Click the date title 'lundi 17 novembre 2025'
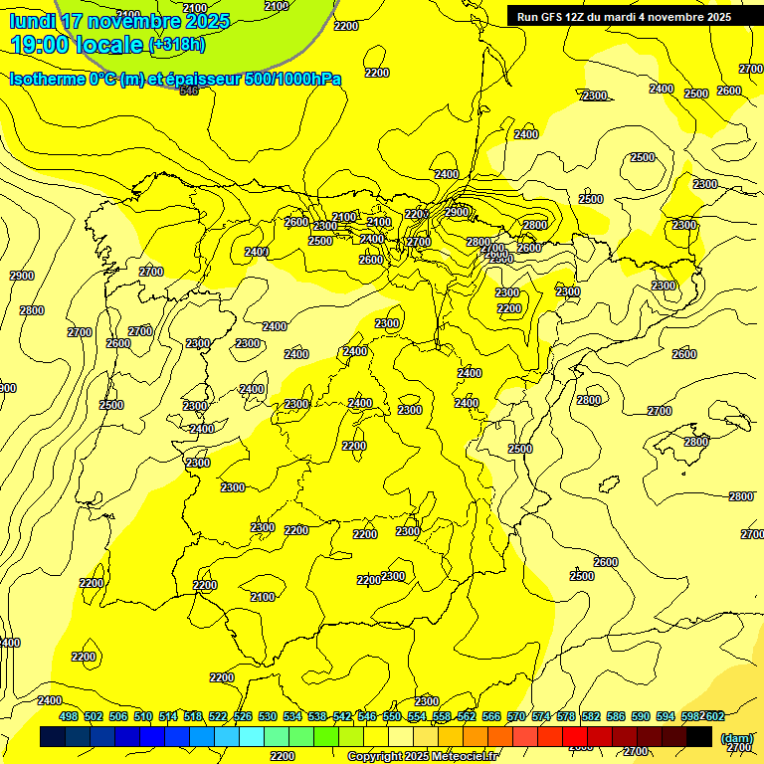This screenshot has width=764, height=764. tap(119, 21)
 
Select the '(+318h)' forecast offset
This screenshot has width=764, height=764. tap(177, 45)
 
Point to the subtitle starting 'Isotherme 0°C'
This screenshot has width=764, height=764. tap(175, 79)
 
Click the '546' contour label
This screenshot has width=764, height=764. tap(189, 91)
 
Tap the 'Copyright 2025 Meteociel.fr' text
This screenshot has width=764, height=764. tap(423, 757)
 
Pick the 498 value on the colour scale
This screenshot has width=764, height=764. tap(69, 716)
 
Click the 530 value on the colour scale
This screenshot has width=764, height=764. tap(268, 716)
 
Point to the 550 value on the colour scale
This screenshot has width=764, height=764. tap(392, 716)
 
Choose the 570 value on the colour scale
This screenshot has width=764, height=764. tap(516, 716)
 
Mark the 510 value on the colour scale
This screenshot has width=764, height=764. tap(143, 716)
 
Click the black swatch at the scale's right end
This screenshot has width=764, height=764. tap(699, 736)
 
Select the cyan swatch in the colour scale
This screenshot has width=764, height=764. tap(252, 736)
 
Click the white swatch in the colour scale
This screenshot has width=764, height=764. tap(401, 736)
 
